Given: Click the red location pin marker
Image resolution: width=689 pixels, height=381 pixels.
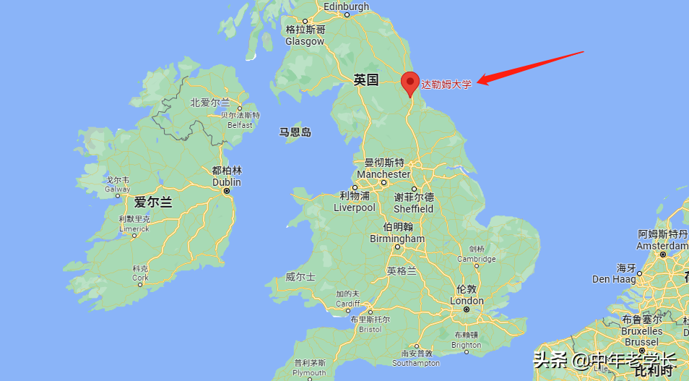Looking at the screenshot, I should coord(410,82).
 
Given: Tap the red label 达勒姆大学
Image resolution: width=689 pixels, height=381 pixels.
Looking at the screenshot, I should coord(446,85).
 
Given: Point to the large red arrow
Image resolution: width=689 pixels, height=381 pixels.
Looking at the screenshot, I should coord(530,67).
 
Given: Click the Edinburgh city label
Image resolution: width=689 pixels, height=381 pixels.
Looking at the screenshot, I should coord(346,7).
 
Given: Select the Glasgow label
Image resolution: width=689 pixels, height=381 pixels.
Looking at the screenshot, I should coord(305,41).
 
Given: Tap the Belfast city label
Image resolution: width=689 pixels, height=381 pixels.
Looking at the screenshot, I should coord(240,124).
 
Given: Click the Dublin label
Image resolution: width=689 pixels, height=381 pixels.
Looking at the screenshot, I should coord(227,182).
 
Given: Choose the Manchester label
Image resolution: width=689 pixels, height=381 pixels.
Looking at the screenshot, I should coord(383,174).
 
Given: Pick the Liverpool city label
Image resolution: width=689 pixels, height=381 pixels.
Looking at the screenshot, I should coord(355,207).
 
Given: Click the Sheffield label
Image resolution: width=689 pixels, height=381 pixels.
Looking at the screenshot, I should coord(414,208).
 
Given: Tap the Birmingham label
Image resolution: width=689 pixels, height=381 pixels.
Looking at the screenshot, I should coord(397,239).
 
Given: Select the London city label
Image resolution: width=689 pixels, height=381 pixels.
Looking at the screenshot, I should coord(467,301).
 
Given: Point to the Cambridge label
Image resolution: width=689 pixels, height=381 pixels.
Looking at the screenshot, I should coord(476,259).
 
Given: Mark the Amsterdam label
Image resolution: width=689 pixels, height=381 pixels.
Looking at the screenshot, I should coord(662,246).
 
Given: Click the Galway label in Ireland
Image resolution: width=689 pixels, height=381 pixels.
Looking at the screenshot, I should coord(118,189).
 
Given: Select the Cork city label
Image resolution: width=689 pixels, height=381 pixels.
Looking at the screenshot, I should coord(140,277).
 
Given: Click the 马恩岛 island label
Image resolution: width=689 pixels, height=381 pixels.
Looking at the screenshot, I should coord(295,132).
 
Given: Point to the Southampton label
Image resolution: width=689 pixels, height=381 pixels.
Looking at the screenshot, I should coord(416,362).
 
